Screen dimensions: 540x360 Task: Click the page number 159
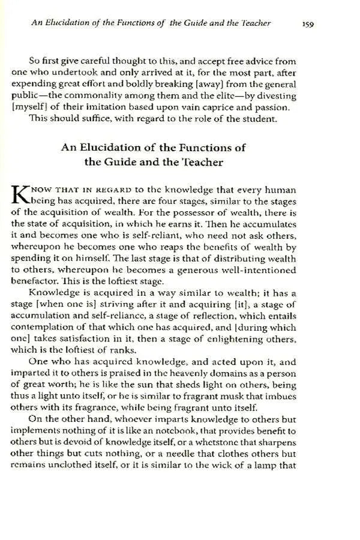click(308, 24)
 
